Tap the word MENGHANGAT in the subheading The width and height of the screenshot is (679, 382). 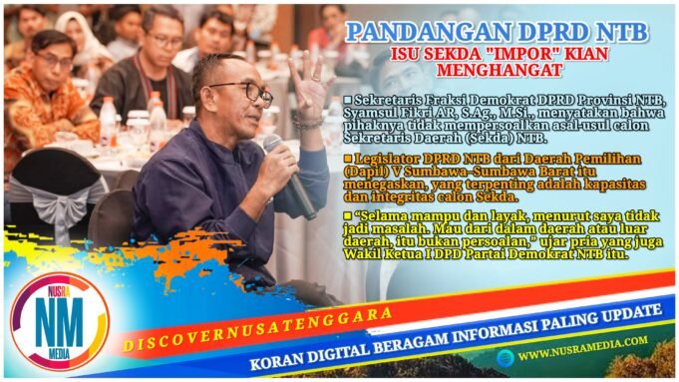coord(499,71)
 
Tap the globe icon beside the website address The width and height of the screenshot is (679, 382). coord(507,354)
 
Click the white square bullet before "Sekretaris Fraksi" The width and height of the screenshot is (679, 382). coord(346,100)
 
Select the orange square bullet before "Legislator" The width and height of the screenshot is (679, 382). coord(346,159)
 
